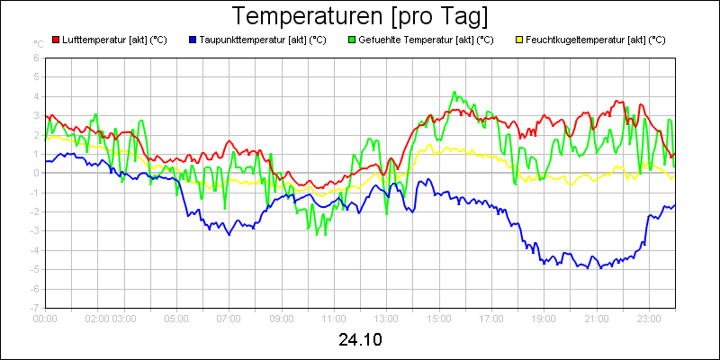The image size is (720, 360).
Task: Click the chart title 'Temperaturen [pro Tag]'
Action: point(360,16)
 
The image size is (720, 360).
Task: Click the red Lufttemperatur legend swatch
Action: point(56,40)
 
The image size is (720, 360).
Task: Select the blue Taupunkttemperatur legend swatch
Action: point(193,40)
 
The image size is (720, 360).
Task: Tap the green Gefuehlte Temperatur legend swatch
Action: point(351,40)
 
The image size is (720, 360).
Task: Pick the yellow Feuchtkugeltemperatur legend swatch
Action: point(518,40)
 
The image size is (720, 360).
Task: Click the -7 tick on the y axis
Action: point(34,308)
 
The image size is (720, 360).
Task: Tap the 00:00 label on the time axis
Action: point(45,318)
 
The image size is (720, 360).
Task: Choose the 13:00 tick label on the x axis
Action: point(386,318)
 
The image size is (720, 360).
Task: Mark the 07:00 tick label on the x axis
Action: point(229,318)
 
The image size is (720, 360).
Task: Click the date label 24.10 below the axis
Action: point(360,340)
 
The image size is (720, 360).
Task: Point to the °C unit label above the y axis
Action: point(39,43)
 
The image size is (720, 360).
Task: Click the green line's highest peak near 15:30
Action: point(455,92)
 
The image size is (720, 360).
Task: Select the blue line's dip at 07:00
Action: point(229,234)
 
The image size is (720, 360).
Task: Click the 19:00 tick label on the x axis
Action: point(544,318)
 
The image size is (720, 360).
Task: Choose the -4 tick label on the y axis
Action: point(34,250)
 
